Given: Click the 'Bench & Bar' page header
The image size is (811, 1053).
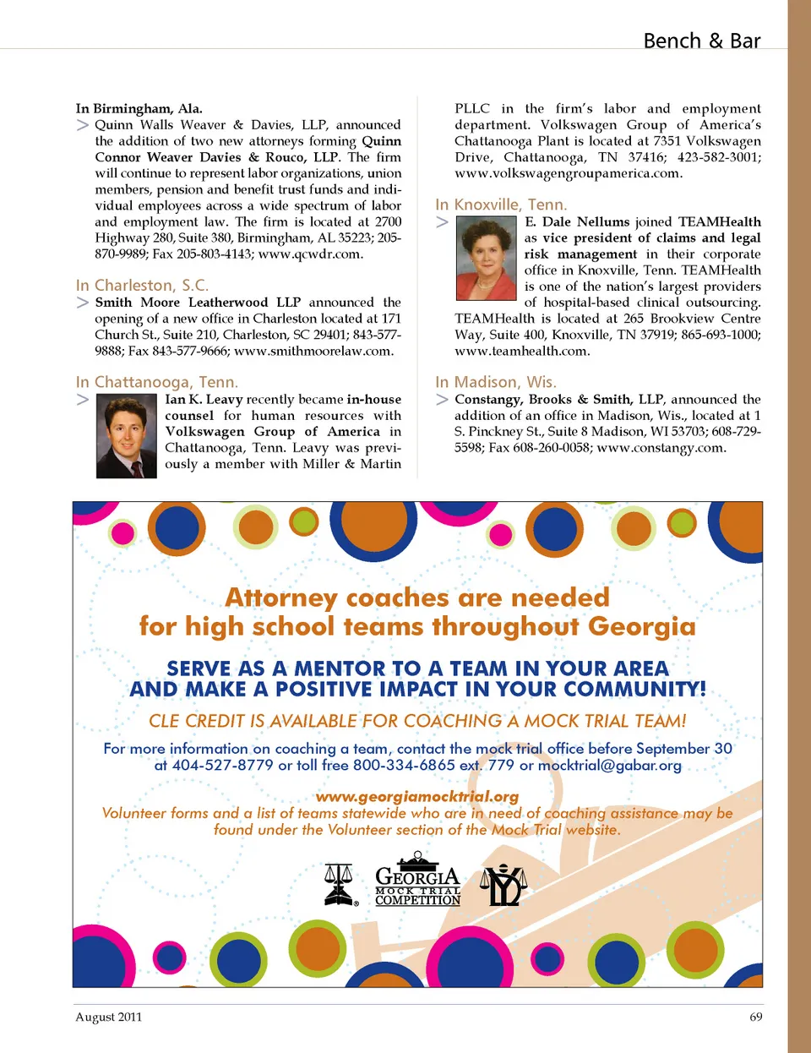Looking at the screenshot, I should (x=701, y=41).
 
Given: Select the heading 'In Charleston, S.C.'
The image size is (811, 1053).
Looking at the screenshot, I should (x=142, y=286).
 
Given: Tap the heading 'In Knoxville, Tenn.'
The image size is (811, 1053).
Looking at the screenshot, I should (x=501, y=205).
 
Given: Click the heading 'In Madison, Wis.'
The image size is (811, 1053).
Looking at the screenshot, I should (x=496, y=382).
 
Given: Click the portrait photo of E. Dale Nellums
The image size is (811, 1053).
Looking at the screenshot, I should (x=486, y=258).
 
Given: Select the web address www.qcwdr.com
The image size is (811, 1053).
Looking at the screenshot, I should (x=310, y=254).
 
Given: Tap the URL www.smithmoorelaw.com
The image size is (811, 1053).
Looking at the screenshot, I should (x=313, y=351).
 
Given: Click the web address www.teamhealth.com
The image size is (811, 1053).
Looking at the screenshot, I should (x=521, y=351).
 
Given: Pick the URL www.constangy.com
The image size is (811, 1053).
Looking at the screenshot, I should (x=661, y=447).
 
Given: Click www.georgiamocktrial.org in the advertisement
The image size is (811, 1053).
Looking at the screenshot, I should (x=417, y=796).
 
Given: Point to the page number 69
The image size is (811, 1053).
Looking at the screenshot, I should (x=755, y=1017).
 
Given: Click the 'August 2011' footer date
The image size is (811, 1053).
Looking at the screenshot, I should (x=109, y=1017).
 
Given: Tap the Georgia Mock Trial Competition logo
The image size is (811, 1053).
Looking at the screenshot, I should (x=417, y=881).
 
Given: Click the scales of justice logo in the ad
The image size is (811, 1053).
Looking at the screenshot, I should (x=340, y=884).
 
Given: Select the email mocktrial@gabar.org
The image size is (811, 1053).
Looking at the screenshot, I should (x=609, y=766).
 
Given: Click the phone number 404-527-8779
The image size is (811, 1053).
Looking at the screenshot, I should (x=223, y=766).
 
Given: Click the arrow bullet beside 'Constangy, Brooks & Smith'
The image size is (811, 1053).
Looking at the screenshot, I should (x=442, y=400).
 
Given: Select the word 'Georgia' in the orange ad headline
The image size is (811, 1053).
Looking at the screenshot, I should (x=642, y=626).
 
